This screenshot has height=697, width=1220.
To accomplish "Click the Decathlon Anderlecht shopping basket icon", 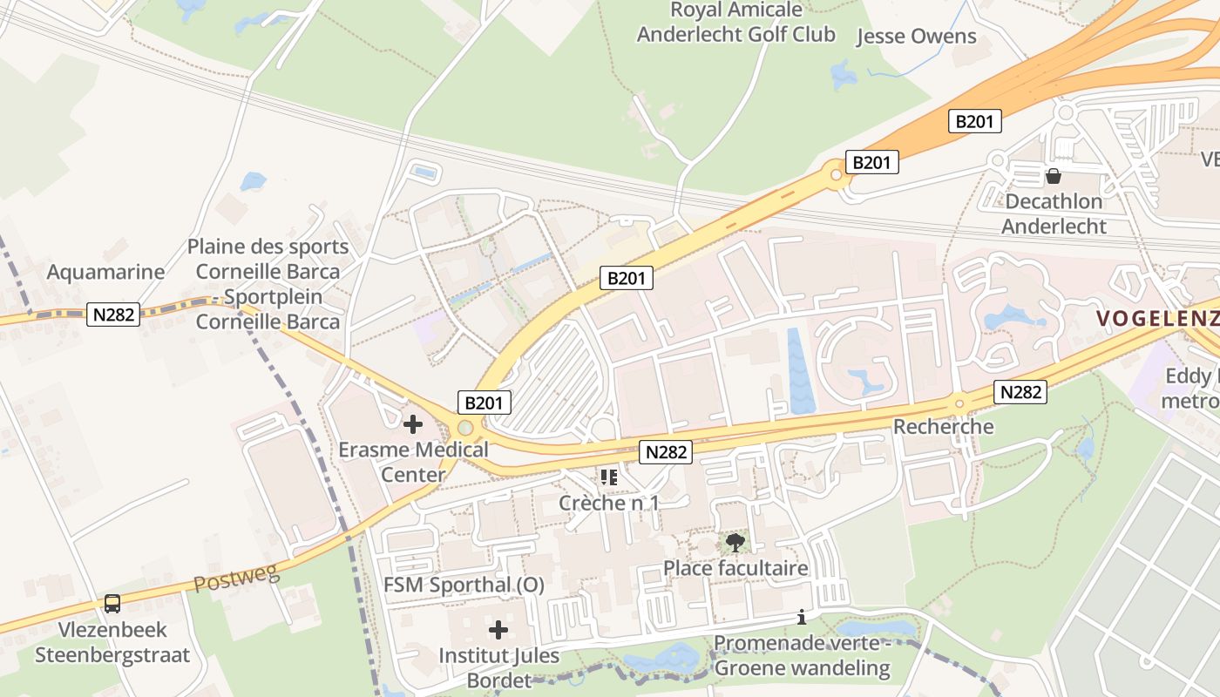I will point(1054,177).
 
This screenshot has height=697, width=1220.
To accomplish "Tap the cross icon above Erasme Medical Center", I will point(413,424).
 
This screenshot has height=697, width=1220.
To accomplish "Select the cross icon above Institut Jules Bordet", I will point(498,629).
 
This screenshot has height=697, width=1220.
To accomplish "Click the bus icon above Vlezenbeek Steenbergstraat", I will point(112,603).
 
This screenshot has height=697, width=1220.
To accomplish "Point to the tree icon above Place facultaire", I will point(735,543).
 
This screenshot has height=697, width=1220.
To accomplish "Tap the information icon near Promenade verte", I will point(802,618).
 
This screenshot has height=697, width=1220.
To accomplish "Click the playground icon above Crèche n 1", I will point(608,477).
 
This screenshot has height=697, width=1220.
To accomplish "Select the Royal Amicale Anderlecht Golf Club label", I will point(735,23).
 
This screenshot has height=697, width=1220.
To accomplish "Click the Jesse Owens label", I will point(916,37).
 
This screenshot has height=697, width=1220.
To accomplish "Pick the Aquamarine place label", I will point(105,272).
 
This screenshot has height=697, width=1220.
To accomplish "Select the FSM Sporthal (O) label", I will point(464,585).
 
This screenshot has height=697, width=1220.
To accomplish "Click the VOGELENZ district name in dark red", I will point(1157,318).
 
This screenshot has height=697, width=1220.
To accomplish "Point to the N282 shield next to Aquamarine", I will point(113,315).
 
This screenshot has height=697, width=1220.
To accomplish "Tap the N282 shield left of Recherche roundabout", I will point(667,451).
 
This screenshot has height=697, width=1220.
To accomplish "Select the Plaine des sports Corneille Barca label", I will point(268,284).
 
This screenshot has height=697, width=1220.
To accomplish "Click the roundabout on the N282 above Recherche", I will point(959,403).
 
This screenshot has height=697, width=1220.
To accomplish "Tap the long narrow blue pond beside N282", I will point(799,370).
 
